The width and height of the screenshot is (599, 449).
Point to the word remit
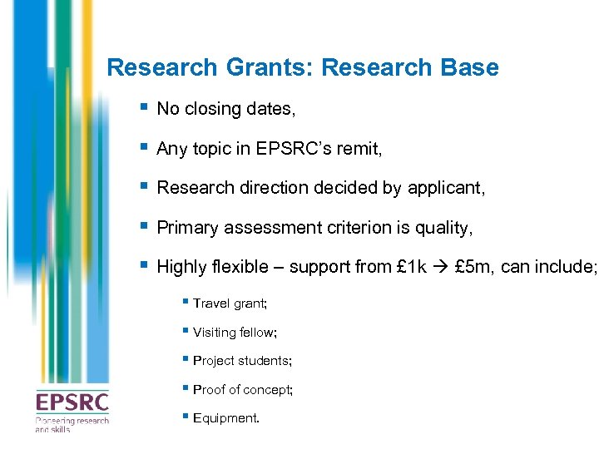point(360,150)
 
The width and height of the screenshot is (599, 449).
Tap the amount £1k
point(413,267)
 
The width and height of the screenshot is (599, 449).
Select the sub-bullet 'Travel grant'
point(218,304)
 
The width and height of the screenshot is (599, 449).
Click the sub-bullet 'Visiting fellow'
point(235,333)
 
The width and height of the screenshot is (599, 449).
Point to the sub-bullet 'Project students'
point(242,361)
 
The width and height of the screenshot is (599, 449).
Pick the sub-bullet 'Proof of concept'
point(242,389)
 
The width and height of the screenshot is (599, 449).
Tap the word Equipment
point(225,417)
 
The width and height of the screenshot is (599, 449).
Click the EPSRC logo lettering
point(72,403)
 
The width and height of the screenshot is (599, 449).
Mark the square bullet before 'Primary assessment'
point(145,226)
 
